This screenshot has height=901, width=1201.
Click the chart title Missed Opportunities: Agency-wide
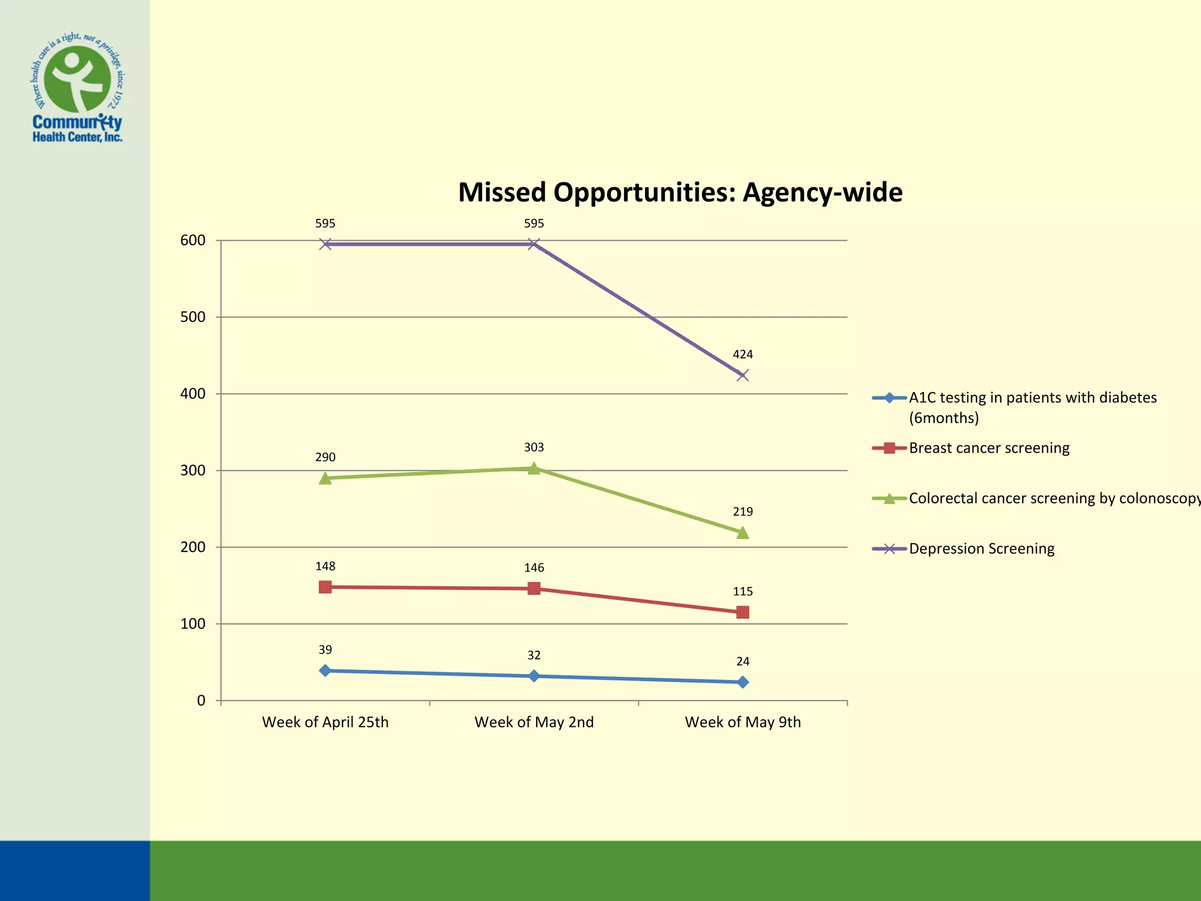click(x=680, y=192)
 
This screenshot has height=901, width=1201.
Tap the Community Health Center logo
click(x=77, y=88)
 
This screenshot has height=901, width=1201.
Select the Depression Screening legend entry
click(x=981, y=548)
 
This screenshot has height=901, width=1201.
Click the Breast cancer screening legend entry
click(x=989, y=448)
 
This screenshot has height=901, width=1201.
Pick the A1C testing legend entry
click(x=1032, y=407)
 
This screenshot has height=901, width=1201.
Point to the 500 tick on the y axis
click(x=193, y=317)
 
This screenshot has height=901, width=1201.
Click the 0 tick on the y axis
click(x=201, y=700)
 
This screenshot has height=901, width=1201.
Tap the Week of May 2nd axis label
click(x=534, y=722)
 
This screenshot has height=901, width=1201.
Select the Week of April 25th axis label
click(x=325, y=722)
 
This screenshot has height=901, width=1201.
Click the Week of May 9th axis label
click(x=742, y=722)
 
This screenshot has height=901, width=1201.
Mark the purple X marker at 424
click(x=742, y=375)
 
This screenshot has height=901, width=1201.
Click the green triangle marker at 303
click(x=534, y=468)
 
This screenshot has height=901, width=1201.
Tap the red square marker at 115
click(x=742, y=612)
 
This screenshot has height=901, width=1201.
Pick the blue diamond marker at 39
click(x=325, y=670)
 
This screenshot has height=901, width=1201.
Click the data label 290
click(x=325, y=457)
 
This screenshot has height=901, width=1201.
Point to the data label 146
click(x=534, y=568)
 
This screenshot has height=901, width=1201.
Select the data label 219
click(x=742, y=512)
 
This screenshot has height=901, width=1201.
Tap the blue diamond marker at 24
click(x=742, y=682)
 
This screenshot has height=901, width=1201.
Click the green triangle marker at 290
click(x=325, y=478)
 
